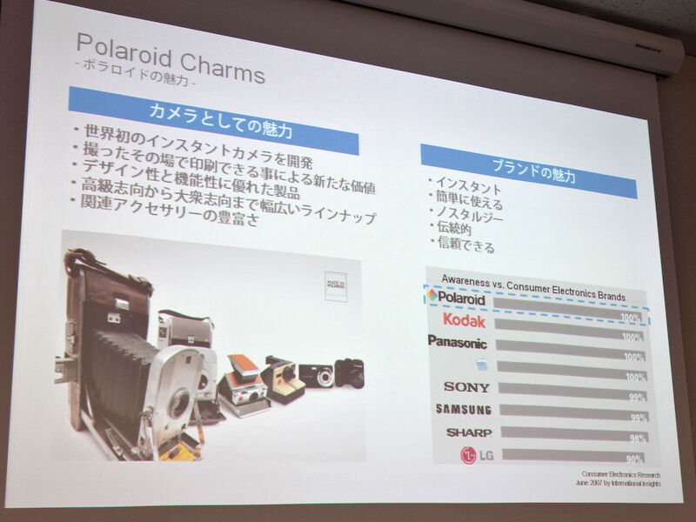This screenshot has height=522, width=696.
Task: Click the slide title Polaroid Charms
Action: (x=170, y=57)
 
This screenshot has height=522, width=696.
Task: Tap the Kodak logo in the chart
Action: (x=464, y=321)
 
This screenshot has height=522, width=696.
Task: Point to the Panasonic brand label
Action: (x=457, y=342)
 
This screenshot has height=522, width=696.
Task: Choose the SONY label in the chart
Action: (x=466, y=387)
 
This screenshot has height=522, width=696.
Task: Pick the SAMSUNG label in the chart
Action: (x=463, y=410)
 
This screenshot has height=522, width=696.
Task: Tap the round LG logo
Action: (x=469, y=455)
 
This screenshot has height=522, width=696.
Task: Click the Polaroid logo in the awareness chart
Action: (x=456, y=298)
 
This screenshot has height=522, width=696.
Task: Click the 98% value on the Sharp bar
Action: (x=636, y=439)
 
